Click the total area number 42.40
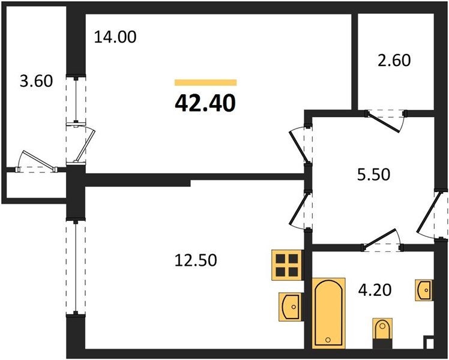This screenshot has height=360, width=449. [x=205, y=103]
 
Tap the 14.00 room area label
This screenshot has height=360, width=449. [x=115, y=37]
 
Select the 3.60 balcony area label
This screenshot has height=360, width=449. [x=37, y=80]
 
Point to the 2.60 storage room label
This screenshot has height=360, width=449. [x=394, y=61]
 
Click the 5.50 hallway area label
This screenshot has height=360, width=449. [x=374, y=174]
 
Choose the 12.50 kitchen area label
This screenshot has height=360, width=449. [x=196, y=260]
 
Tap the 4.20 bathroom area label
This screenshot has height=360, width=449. [x=375, y=290]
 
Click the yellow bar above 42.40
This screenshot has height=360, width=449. [x=206, y=82]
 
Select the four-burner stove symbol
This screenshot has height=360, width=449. [x=287, y=265]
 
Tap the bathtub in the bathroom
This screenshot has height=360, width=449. [x=328, y=313]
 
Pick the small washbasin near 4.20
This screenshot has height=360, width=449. [x=424, y=290]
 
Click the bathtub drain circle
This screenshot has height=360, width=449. [x=328, y=340]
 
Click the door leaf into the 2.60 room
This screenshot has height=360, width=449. [x=382, y=122]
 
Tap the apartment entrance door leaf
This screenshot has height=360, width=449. [x=426, y=212]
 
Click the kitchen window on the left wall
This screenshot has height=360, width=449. [x=76, y=268]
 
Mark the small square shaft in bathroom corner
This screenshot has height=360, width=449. [x=430, y=343]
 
